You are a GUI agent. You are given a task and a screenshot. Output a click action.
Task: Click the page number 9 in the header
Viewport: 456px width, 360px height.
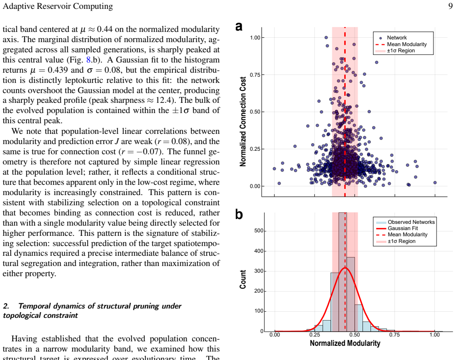(450, 6)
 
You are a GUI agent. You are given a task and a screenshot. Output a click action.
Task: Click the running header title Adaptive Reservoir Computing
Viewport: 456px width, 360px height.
(58, 6)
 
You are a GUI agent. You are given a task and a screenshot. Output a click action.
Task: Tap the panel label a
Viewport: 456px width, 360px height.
(239, 27)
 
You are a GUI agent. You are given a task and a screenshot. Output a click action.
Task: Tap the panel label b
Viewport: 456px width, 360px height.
(239, 215)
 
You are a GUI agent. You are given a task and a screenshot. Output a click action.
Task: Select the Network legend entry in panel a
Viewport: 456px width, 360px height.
(397, 38)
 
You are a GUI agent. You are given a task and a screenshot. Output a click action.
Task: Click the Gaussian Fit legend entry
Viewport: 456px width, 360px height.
(403, 228)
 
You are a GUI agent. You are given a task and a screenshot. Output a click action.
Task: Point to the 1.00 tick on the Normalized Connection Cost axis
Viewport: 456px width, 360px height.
(255, 38)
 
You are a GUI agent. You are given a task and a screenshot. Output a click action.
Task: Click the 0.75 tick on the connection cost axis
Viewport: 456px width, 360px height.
(255, 75)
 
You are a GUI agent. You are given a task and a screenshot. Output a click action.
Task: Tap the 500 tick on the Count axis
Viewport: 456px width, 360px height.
(258, 231)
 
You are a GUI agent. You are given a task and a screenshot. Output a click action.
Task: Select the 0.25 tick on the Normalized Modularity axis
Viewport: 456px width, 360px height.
(315, 335)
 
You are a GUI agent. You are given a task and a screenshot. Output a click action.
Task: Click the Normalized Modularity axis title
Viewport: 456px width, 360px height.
(345, 344)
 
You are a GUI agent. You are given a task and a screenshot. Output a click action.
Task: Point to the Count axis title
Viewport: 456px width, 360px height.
(242, 279)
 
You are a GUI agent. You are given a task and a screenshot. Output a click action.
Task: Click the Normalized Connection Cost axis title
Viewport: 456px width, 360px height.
(242, 121)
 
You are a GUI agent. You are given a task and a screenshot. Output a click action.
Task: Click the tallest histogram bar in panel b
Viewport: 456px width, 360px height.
(343, 272)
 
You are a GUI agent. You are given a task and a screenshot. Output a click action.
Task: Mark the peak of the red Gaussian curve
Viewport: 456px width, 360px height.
(345, 268)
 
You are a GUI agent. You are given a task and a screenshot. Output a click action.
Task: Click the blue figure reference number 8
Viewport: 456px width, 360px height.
(89, 60)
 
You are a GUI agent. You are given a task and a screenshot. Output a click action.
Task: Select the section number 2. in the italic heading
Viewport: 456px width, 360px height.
(6, 306)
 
